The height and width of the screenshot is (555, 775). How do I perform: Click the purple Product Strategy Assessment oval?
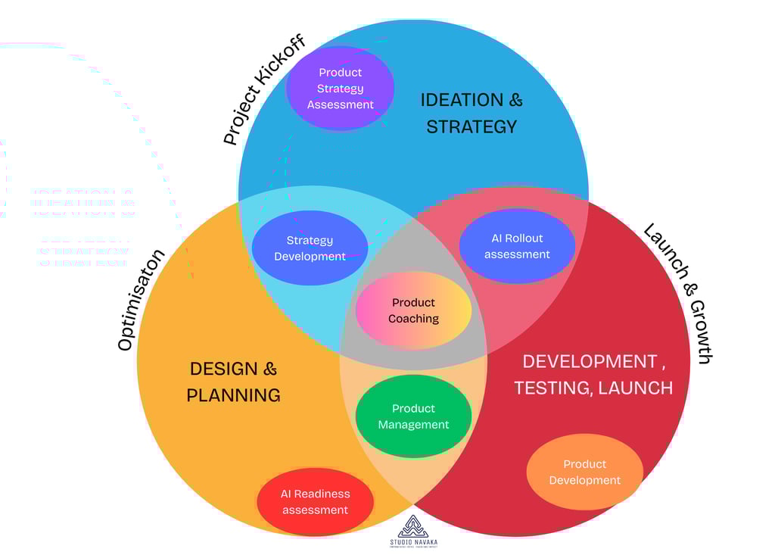click(340, 88)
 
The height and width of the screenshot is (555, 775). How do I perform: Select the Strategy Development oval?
click(310, 248)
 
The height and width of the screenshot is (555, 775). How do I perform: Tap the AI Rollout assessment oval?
click(517, 246)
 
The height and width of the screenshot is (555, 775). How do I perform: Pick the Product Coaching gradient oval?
click(413, 310)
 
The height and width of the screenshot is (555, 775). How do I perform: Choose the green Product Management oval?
click(413, 416)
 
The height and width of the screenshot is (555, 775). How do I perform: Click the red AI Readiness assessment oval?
click(315, 501)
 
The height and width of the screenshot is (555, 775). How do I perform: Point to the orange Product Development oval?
click(584, 472)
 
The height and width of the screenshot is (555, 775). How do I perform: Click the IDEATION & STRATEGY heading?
click(472, 113)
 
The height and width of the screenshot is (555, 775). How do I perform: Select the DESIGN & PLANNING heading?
click(233, 382)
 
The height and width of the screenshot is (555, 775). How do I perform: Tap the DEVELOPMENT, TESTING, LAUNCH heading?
click(593, 374)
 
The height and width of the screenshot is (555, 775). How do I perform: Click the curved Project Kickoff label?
click(264, 89)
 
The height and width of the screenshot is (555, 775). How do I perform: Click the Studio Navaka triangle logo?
click(413, 526)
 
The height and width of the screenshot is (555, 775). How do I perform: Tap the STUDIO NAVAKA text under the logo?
click(413, 542)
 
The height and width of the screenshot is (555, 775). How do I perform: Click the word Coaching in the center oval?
click(413, 319)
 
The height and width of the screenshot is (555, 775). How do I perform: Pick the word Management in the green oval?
click(413, 425)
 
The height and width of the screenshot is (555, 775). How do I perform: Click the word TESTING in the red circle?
click(552, 388)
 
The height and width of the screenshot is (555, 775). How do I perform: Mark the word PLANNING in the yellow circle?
click(233, 395)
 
